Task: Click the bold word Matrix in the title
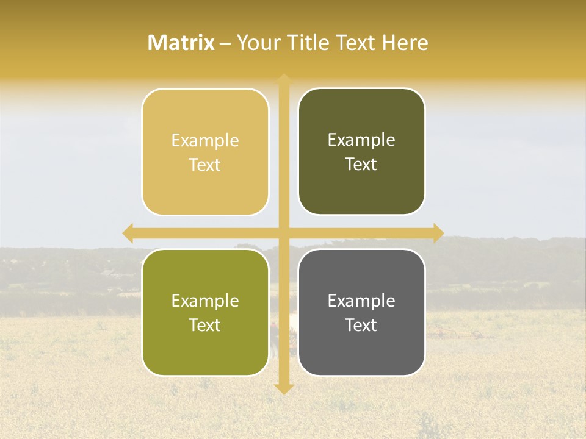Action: coord(181,43)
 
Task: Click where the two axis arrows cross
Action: coord(284,233)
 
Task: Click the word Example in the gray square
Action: coord(361,301)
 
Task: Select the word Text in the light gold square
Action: coord(205,165)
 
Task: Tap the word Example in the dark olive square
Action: coord(361,140)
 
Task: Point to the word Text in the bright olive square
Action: coord(205,325)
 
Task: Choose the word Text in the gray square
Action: coord(361,325)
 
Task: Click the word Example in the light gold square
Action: coord(205,140)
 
